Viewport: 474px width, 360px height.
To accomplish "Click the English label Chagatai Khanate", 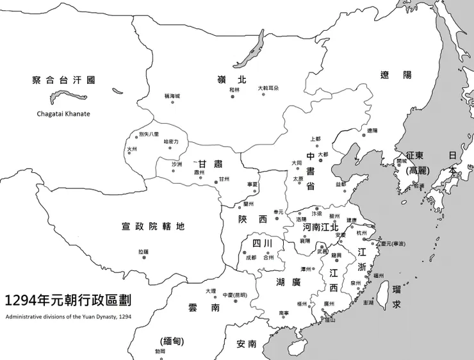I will pos(63,114).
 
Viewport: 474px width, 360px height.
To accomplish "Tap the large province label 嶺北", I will pos(233,79).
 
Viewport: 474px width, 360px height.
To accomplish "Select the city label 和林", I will pos(234,90).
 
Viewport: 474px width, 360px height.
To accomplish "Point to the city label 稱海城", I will pos(172,95).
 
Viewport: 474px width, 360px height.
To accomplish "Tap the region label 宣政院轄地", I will pos(153,226).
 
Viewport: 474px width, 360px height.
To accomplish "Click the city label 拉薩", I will pos(143,252).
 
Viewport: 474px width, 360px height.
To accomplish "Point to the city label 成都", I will pos(250,258).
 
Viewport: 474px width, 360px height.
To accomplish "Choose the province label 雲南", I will pos(206,308).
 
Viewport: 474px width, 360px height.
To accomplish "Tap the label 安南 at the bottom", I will pos(246,344).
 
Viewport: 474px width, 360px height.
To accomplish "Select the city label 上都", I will pos(315,138).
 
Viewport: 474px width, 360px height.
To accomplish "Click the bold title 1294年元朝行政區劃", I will pos(70,300).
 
